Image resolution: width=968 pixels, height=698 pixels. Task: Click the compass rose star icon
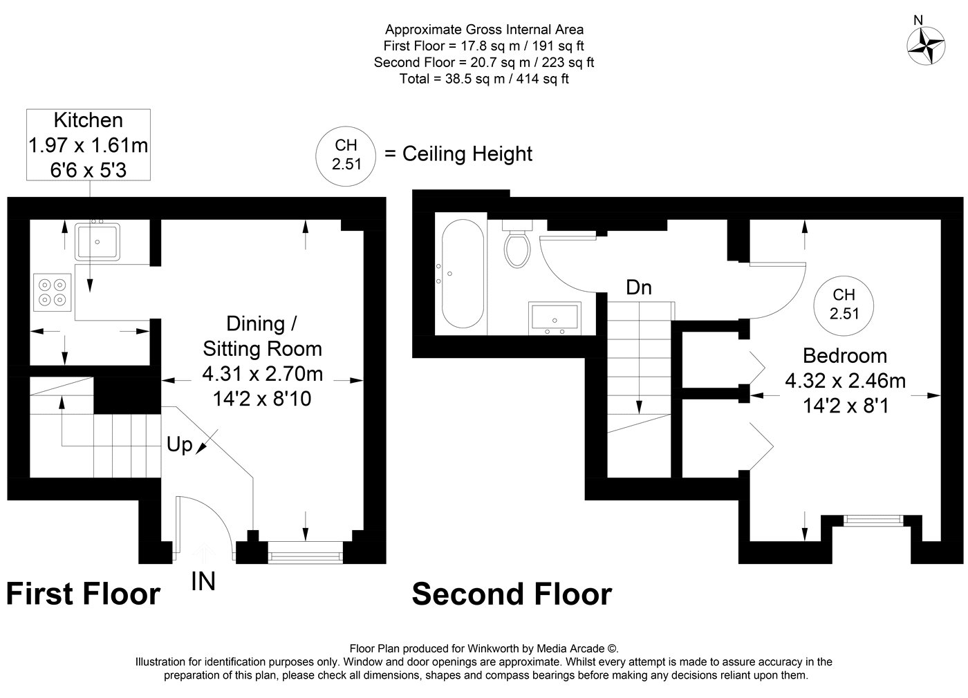[x=926, y=46]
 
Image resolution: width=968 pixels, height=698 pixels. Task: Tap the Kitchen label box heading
[x=89, y=120]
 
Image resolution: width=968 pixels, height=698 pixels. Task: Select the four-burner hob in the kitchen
[x=53, y=292]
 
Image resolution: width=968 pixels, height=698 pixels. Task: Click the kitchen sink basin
[x=97, y=242]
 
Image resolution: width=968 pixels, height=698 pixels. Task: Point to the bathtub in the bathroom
[x=463, y=274]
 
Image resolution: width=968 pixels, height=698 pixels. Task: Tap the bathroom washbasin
[x=555, y=319]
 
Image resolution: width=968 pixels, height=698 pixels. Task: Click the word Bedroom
[x=845, y=356]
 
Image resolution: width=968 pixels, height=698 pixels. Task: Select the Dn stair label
[x=639, y=287]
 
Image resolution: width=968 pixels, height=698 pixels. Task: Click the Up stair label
[x=179, y=444]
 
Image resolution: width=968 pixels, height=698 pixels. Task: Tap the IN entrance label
[x=203, y=581]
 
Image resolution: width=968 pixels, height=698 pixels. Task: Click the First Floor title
[x=84, y=594]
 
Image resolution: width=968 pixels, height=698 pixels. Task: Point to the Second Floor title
[x=512, y=594]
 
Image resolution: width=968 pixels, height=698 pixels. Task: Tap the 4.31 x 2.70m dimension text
[x=262, y=374]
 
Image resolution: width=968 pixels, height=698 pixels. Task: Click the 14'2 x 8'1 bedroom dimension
[x=845, y=406]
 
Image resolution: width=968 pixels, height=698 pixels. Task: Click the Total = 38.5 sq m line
[x=484, y=79]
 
